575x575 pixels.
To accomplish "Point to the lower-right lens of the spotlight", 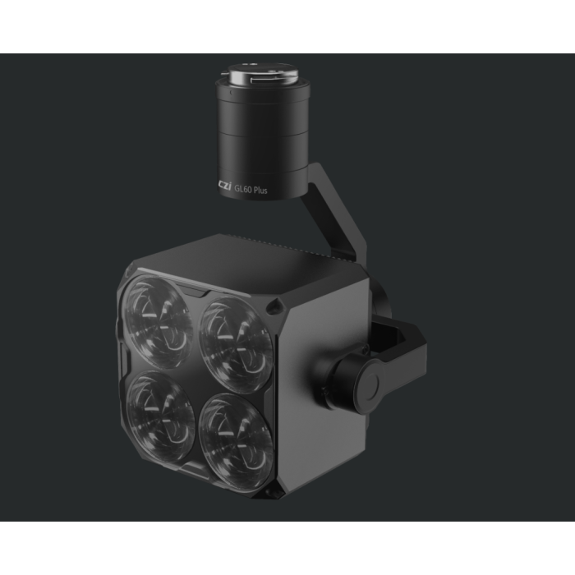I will (x=236, y=431).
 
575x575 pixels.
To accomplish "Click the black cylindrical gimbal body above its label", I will (x=260, y=131).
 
